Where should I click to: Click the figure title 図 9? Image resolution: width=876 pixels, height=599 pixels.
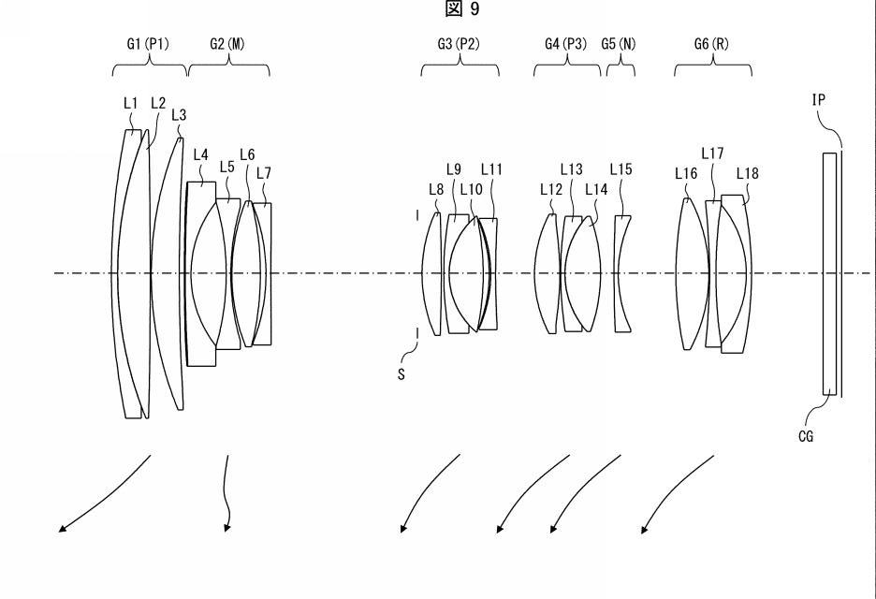[462, 9]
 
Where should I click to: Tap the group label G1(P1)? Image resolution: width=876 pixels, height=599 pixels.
[148, 44]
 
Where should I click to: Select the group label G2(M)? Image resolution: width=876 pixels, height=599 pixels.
[227, 44]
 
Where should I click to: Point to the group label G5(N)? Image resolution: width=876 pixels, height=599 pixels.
[619, 44]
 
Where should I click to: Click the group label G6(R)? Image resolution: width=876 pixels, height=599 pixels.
[711, 44]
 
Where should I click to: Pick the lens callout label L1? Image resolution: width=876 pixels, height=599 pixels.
[130, 103]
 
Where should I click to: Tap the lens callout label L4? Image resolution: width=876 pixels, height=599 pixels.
[200, 154]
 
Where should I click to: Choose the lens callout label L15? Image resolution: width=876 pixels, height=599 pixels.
[620, 169]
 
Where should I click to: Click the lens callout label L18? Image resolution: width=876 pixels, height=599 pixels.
[748, 174]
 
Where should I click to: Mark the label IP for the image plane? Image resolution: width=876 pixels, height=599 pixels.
[819, 100]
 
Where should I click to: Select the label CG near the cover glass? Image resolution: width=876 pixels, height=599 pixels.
[806, 436]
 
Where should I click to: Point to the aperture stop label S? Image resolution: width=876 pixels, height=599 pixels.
[401, 375]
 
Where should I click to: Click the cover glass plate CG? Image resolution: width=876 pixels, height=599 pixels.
[829, 274]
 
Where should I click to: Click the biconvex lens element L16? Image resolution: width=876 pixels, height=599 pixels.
[693, 274]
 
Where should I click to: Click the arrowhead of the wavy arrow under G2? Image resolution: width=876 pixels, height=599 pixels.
[226, 528]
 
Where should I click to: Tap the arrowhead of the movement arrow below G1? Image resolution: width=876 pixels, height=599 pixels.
[62, 529]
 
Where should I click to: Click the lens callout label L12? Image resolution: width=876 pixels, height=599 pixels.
[551, 190]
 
